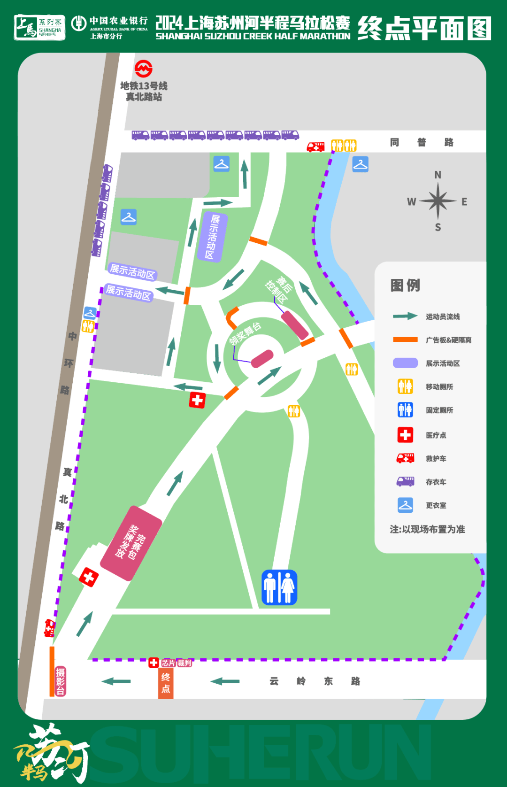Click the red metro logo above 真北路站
[143, 69]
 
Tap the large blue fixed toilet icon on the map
[279, 587]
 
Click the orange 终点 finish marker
[166, 683]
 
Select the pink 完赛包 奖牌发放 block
[131, 542]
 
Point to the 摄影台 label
[61, 681]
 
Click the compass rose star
[438, 201]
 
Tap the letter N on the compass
[438, 175]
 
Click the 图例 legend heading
[405, 285]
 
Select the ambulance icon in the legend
[405, 458]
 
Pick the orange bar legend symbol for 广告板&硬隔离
[405, 339]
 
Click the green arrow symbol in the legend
[405, 316]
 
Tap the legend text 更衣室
[436, 505]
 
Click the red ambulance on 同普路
[315, 147]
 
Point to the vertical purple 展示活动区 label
[213, 237]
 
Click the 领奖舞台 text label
[245, 333]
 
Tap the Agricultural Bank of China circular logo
[78, 23]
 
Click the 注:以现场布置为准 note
[427, 529]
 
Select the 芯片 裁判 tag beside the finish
[177, 663]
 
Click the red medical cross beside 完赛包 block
[88, 577]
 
